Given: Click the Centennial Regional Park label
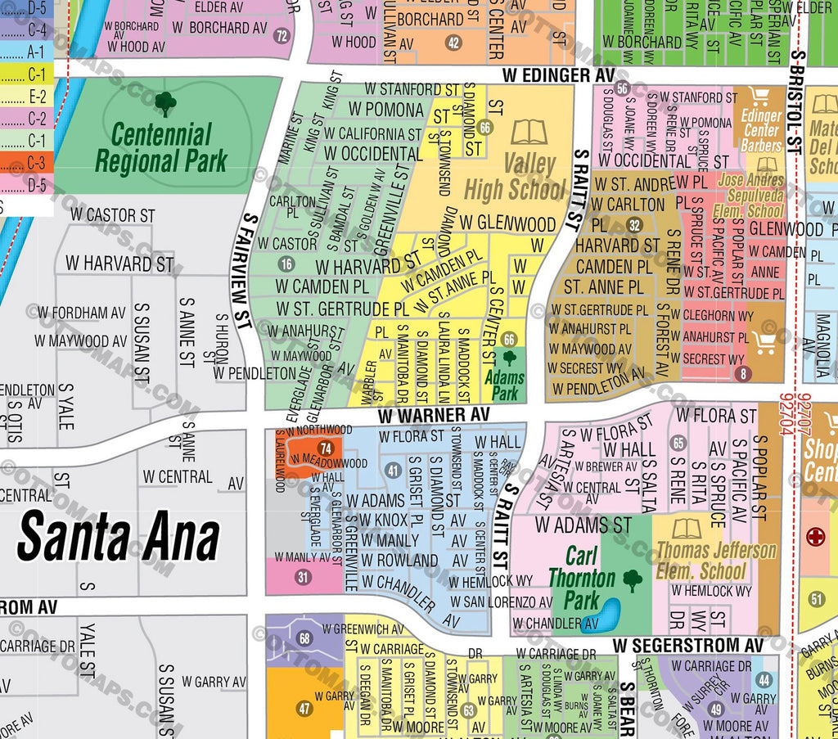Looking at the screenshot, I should pyautogui.click(x=161, y=147).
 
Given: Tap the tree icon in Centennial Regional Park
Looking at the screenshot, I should pyautogui.click(x=165, y=103).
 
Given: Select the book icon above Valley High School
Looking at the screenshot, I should pyautogui.click(x=528, y=132).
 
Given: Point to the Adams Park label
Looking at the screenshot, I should pyautogui.click(x=505, y=385).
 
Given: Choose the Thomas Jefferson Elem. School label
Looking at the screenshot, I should pyautogui.click(x=716, y=560).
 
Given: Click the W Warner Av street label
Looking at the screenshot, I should pyautogui.click(x=435, y=416).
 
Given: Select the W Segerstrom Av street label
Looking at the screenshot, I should pyautogui.click(x=687, y=646).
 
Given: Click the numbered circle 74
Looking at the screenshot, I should pyautogui.click(x=327, y=448).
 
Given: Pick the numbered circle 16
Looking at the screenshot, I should pyautogui.click(x=286, y=264).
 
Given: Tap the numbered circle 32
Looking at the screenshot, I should pyautogui.click(x=633, y=225).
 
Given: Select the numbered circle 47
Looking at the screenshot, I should pyautogui.click(x=304, y=709).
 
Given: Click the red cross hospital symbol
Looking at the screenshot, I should pyautogui.click(x=815, y=538).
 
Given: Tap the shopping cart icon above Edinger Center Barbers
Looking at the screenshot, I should pyautogui.click(x=760, y=97).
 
